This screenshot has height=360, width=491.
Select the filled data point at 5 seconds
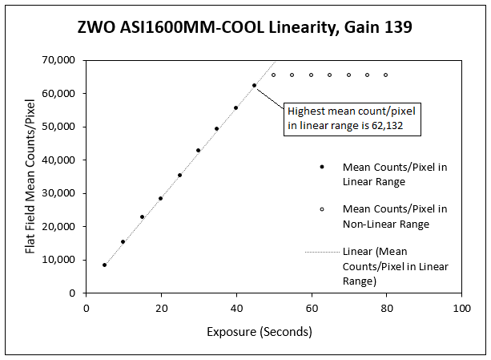click(x=105, y=265)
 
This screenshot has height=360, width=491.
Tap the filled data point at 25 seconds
click(x=179, y=175)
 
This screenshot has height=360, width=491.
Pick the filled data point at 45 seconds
click(x=254, y=86)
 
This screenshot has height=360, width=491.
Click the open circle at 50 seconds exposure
click(x=273, y=75)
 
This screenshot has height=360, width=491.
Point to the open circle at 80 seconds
click(x=385, y=75)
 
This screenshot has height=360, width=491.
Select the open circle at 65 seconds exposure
click(x=329, y=75)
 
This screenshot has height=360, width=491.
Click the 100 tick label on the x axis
click(x=461, y=307)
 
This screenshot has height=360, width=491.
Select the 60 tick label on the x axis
click(x=311, y=307)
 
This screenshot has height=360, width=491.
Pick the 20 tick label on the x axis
click(x=161, y=307)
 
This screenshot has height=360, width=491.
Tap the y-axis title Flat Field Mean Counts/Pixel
click(x=30, y=176)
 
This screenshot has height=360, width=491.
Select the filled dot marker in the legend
click(x=322, y=167)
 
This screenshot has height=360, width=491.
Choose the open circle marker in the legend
click(x=322, y=208)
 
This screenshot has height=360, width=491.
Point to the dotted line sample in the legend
click(x=321, y=252)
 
